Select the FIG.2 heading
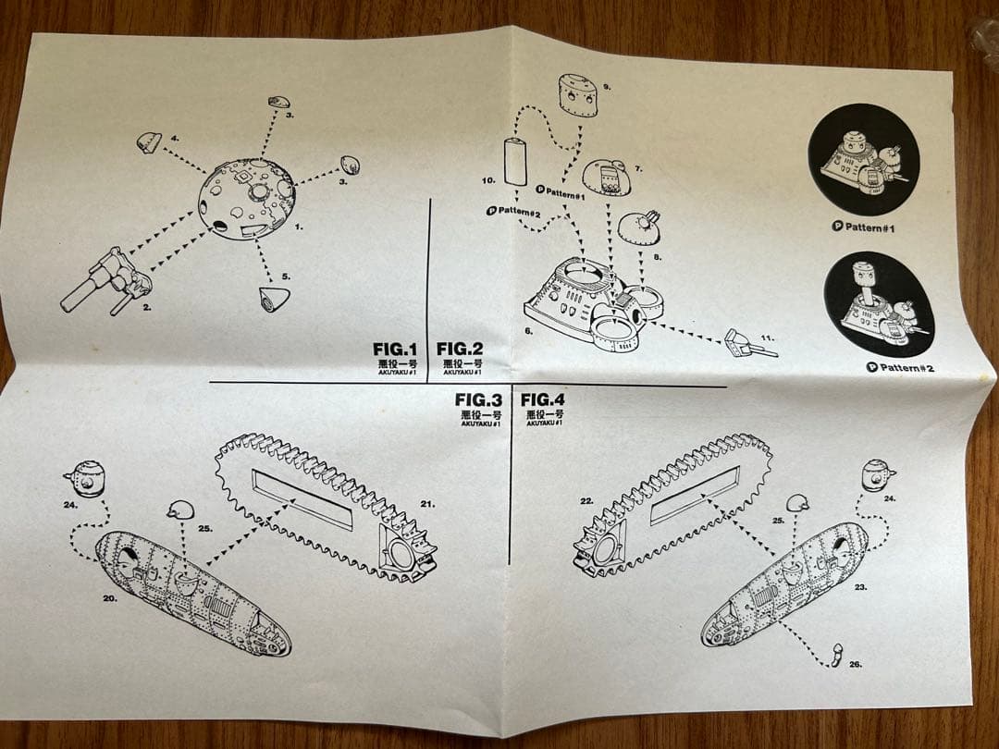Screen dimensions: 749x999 (x=460, y=349)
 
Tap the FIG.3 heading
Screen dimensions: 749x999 (x=478, y=399)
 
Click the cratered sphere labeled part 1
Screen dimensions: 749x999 (x=248, y=197)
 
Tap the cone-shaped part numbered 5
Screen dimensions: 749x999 (x=274, y=299)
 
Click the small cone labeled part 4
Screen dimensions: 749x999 (x=148, y=141)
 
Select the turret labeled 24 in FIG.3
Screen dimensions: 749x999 (x=86, y=478)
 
